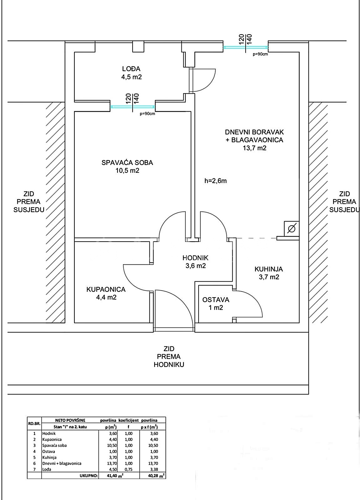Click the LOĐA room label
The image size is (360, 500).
131,69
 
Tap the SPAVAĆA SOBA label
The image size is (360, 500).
127,162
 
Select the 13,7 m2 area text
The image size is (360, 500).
255,148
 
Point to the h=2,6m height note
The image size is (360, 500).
215,181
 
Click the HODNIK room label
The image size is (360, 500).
195,258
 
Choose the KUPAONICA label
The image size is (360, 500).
106,289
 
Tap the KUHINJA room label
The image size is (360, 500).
269,269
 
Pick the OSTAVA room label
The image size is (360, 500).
215,300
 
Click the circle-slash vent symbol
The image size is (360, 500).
292,228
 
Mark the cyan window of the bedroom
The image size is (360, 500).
133,107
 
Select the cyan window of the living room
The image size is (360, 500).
246,47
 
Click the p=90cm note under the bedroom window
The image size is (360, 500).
147,114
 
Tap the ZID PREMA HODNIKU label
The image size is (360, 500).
169,357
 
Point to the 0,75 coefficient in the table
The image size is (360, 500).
129,469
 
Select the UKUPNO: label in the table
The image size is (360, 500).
89,476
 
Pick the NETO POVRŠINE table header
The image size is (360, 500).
70,420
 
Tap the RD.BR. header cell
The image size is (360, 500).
34,423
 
